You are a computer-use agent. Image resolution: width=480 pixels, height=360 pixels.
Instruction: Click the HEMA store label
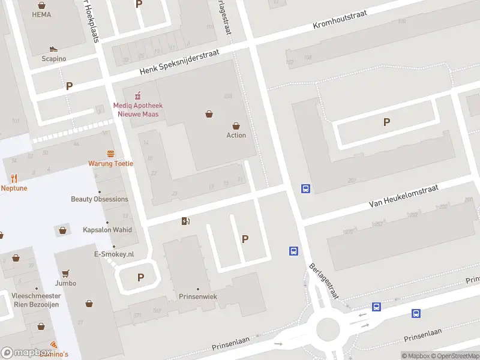tap(41, 14)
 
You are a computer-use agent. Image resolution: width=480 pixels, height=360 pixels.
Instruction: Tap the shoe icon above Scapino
tap(53, 49)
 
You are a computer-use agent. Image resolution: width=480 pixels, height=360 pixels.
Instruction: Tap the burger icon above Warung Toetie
tap(110, 154)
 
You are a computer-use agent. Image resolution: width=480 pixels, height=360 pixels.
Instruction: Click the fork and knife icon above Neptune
tap(14, 178)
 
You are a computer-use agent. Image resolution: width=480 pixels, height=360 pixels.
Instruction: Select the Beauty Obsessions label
tap(100, 199)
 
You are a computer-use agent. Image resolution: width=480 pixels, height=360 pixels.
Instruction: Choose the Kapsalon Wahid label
tap(107, 230)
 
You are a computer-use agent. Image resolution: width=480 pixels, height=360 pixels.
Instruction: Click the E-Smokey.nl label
tap(114, 254)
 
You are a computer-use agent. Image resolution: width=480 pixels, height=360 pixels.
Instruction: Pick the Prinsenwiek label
tap(197, 296)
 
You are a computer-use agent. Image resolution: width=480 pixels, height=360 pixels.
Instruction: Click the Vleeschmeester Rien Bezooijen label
tap(37, 300)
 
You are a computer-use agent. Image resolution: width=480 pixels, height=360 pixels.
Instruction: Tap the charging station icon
tap(185, 221)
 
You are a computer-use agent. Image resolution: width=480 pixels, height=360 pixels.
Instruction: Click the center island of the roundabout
tap(328, 329)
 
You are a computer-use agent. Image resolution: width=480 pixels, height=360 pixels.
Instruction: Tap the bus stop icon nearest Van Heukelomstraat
tap(305, 189)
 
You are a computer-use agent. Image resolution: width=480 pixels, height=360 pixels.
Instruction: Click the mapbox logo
tap(26, 353)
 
